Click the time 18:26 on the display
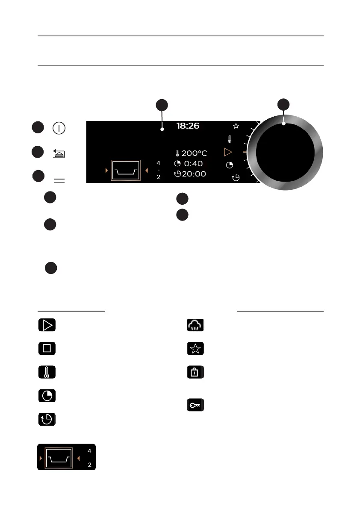coord(188,126)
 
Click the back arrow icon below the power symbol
coord(59,153)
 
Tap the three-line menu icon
coord(59,179)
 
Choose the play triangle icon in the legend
coord(47,325)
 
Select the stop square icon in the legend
coord(47,348)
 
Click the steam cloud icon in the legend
coord(195,325)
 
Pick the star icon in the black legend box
coord(195,349)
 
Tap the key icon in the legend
coord(195,405)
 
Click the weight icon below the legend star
coord(195,372)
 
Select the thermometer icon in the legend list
coord(47,372)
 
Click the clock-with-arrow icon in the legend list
coord(47,419)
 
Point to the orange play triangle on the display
coord(228,152)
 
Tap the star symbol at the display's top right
coord(236,126)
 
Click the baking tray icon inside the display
coord(125,171)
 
